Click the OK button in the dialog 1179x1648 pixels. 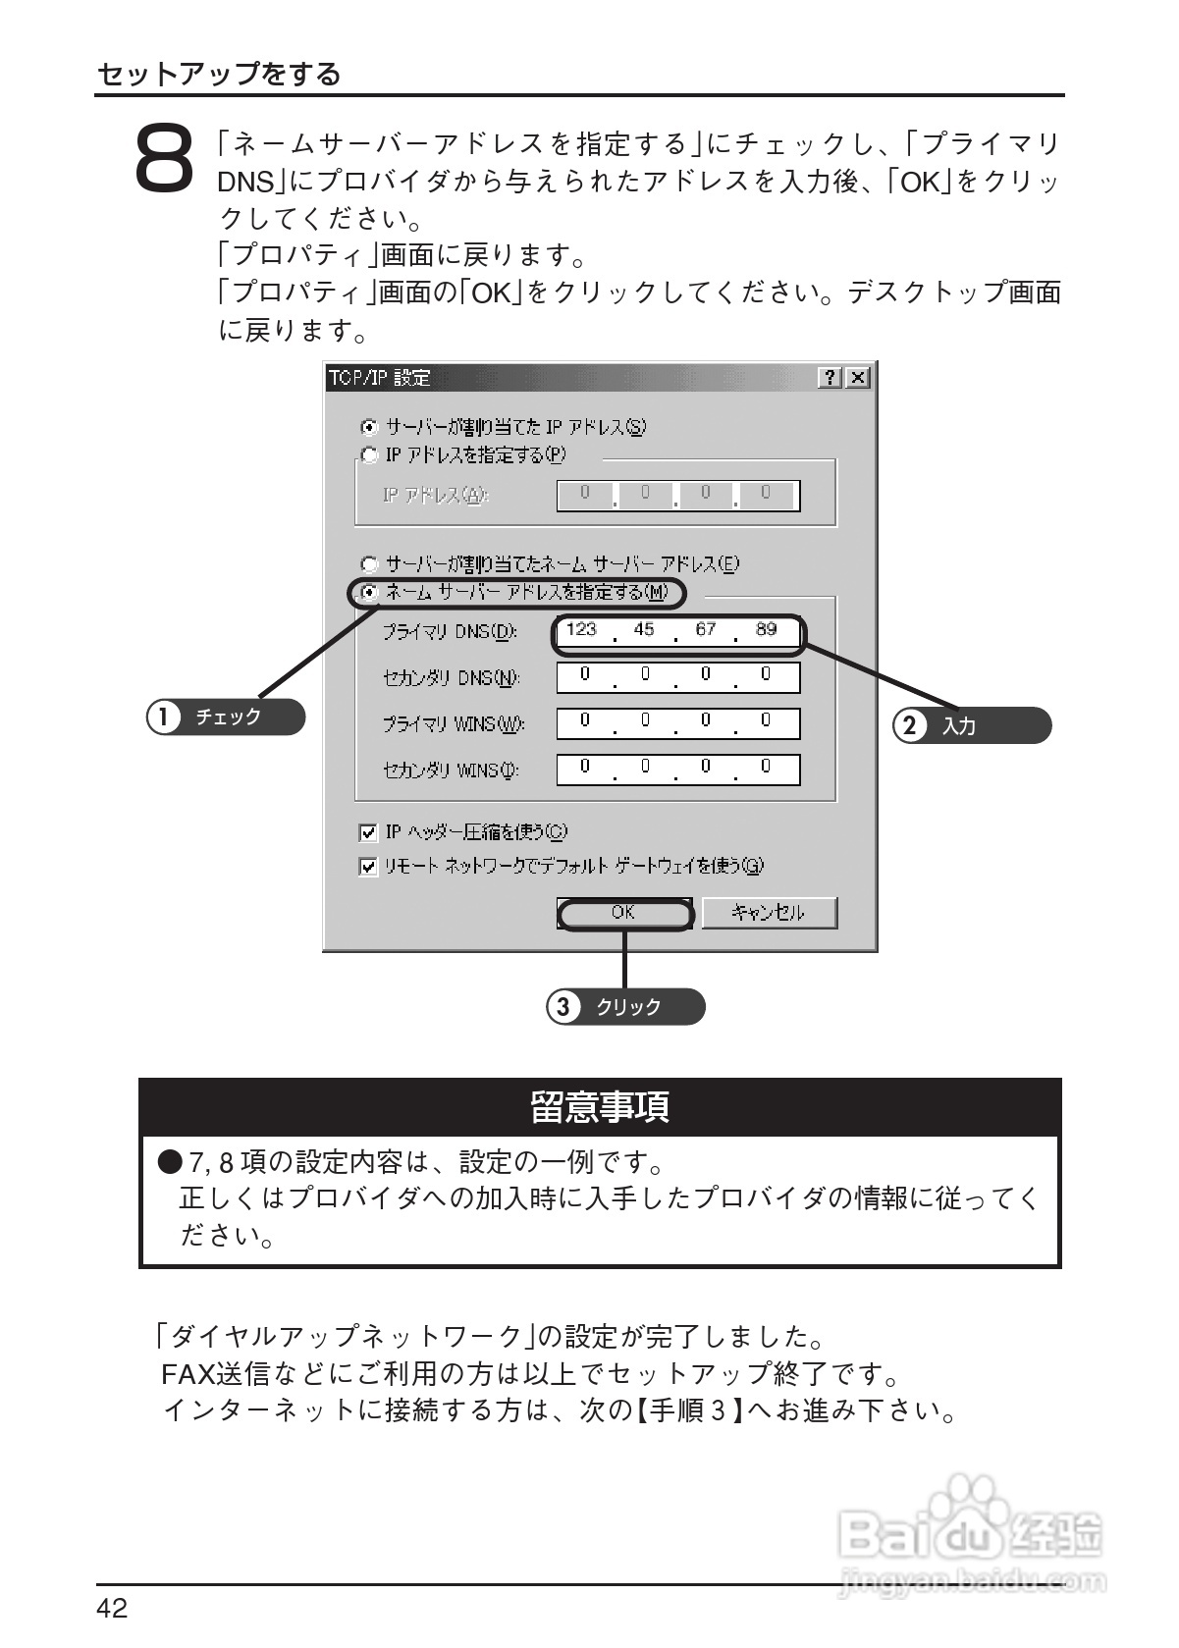point(624,913)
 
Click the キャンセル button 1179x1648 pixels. point(769,913)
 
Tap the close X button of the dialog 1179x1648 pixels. point(858,378)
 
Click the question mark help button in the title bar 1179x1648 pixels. point(831,378)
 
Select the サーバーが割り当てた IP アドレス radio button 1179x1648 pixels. point(369,427)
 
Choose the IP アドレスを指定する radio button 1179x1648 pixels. point(369,455)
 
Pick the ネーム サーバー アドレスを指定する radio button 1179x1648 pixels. point(369,592)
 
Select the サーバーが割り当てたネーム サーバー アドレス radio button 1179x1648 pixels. point(369,564)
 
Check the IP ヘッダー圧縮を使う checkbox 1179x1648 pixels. point(368,833)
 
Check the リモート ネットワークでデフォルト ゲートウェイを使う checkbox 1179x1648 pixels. point(368,867)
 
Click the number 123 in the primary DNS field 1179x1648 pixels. point(582,630)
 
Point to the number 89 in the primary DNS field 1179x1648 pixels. point(767,630)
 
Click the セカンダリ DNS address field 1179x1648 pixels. point(677,677)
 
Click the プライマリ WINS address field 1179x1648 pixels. point(677,723)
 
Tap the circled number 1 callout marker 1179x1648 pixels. point(163,718)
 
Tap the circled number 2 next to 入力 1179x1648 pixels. point(910,726)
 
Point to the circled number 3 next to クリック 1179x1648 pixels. point(563,1007)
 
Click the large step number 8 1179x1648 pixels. point(164,157)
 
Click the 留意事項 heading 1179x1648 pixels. point(600,1107)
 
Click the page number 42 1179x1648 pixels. point(113,1608)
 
